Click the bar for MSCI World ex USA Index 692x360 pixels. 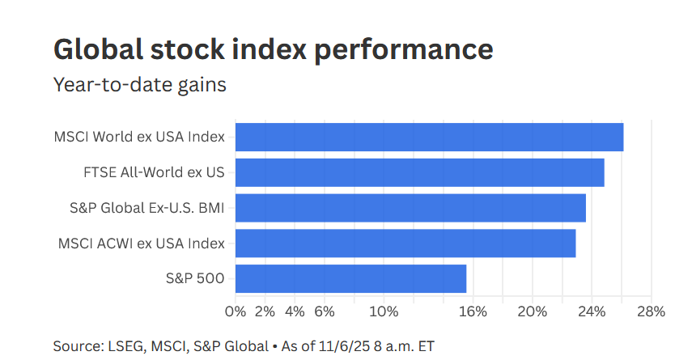[x=429, y=137]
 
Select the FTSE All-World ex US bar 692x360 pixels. [x=419, y=172]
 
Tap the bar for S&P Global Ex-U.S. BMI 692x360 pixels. [x=410, y=208]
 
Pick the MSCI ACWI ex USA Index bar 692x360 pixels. [x=405, y=243]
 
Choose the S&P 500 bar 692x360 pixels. [x=350, y=278]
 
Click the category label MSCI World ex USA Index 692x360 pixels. [x=139, y=137]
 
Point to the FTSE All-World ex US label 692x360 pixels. [x=153, y=172]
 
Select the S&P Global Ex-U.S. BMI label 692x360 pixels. [x=146, y=208]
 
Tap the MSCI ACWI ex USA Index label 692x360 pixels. [x=141, y=243]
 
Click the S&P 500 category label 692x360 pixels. [x=194, y=278]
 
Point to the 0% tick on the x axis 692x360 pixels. [x=236, y=311]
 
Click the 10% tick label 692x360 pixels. [x=384, y=311]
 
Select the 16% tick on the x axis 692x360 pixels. [x=473, y=311]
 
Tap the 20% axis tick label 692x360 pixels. [x=532, y=311]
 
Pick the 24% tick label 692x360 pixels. [x=592, y=311]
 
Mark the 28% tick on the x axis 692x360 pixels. [x=650, y=311]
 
